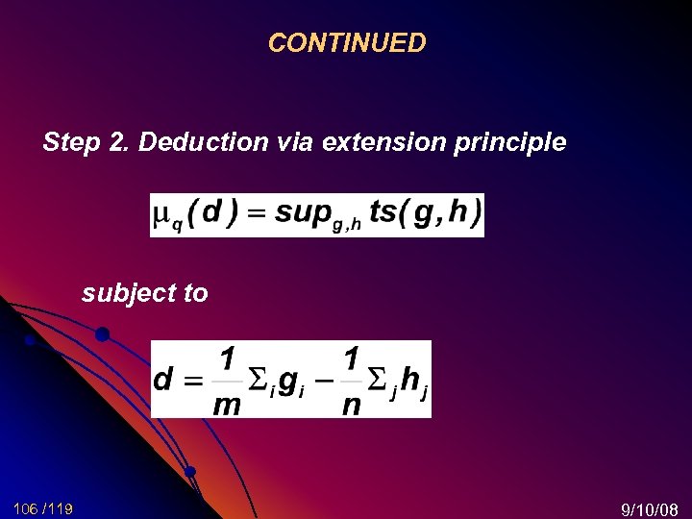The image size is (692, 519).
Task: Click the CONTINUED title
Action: coord(346,43)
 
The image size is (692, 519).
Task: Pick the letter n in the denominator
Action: coord(352,405)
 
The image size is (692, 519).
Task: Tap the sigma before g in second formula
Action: coord(257,379)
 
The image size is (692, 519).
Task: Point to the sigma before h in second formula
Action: coord(381,379)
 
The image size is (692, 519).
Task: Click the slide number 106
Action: coord(27,507)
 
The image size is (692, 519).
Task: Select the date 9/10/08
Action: coord(651,507)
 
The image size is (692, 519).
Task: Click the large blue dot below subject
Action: coord(102,334)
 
